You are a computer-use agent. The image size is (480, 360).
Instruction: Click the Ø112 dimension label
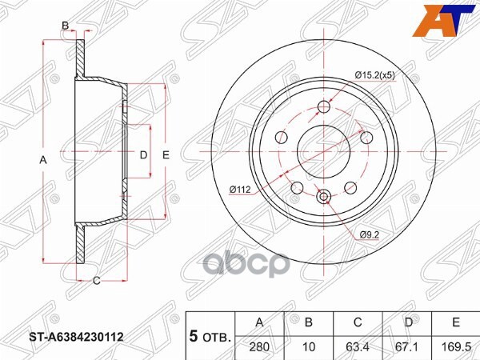pos(240,190)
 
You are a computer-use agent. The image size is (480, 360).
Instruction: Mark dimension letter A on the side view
pos(44,161)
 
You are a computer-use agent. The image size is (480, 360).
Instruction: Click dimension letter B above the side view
pos(66,26)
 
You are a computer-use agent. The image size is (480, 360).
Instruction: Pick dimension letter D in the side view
pos(144,154)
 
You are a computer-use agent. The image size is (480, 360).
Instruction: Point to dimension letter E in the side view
pos(166,154)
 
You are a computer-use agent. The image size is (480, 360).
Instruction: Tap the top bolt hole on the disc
pos(324,108)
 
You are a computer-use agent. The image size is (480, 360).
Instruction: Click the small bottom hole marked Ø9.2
pos(324,197)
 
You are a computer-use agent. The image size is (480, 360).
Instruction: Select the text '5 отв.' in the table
pos(209,337)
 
